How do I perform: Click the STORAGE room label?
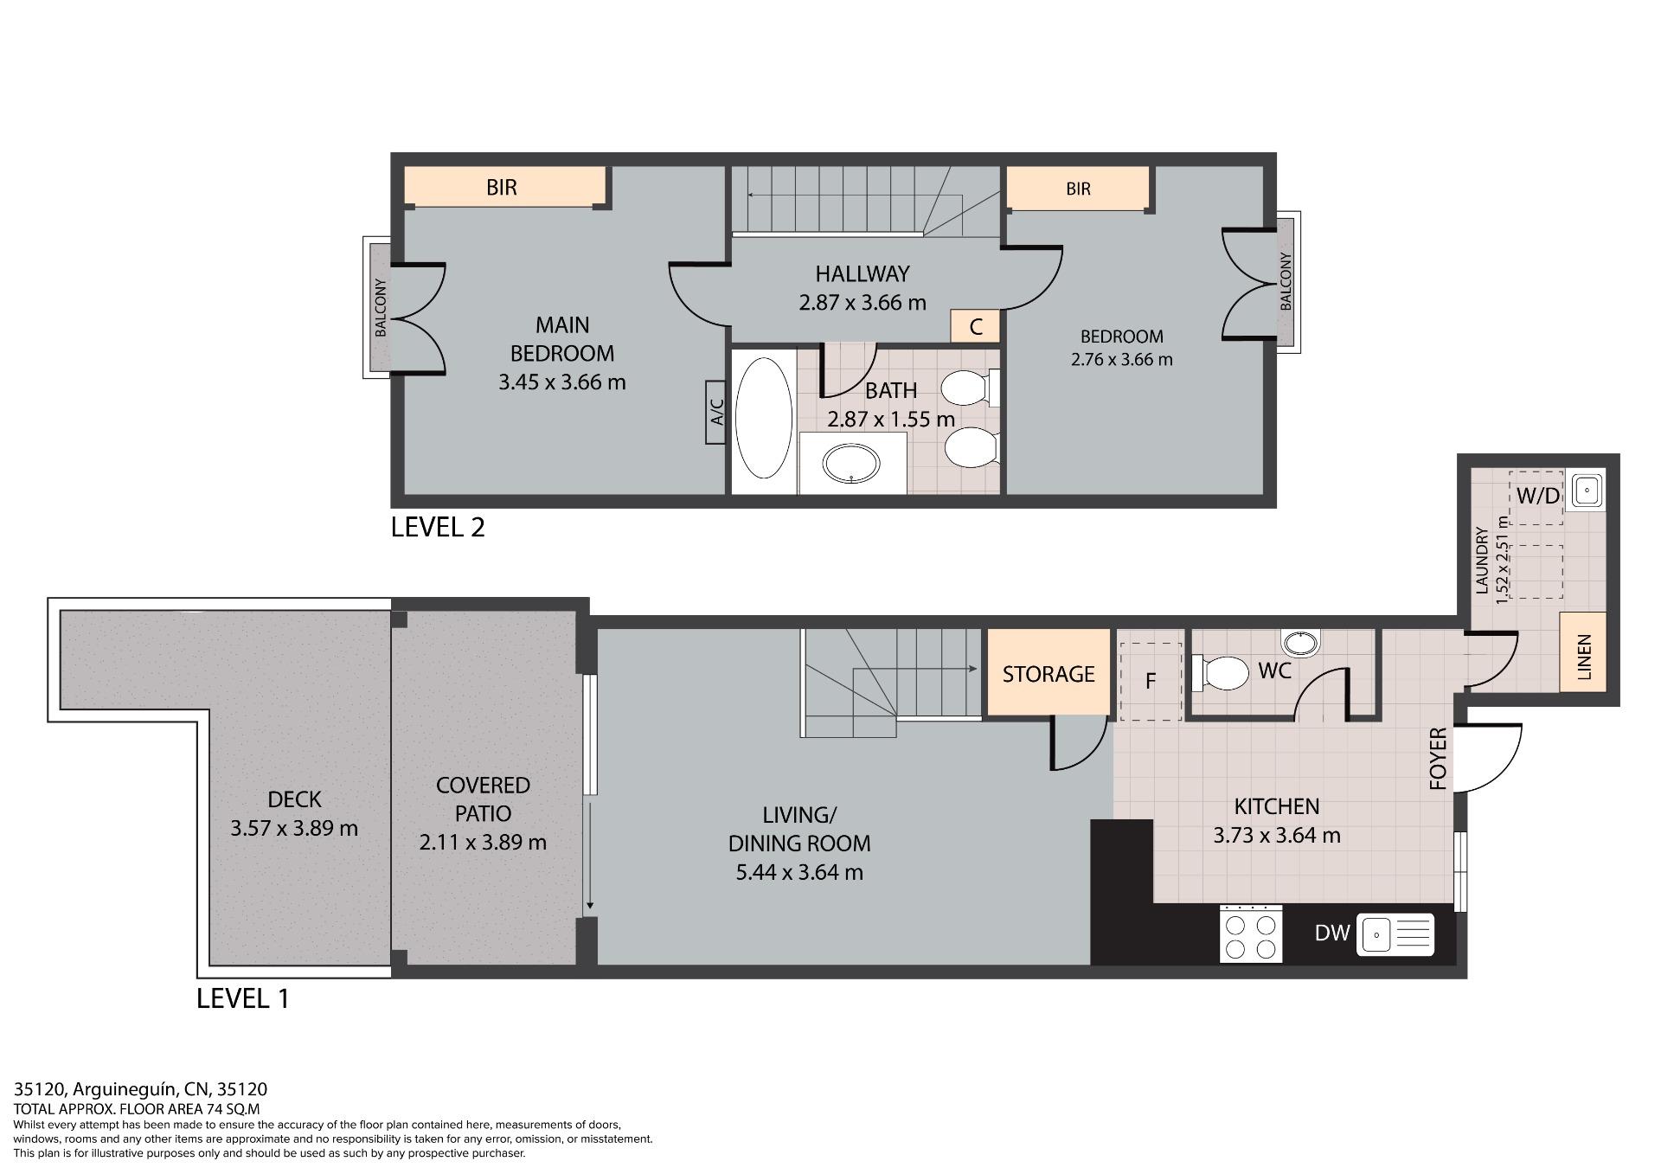[x=1049, y=674]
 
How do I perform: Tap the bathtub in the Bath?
[x=763, y=418]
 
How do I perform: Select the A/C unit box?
[x=715, y=412]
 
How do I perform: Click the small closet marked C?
[x=976, y=326]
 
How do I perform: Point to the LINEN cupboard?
[x=1583, y=651]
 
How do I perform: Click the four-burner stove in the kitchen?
[x=1251, y=933]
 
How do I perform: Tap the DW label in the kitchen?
[x=1331, y=933]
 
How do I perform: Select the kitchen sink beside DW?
[x=1395, y=934]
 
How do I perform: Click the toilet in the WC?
[x=1221, y=673]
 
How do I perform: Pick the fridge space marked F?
[x=1151, y=681]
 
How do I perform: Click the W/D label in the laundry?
[x=1538, y=496]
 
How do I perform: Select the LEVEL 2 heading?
[x=438, y=527]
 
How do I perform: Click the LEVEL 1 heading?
[x=243, y=998]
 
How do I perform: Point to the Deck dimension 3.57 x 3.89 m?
[x=294, y=828]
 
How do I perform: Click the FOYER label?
[x=1438, y=759]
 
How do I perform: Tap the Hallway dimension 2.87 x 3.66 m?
[x=863, y=303]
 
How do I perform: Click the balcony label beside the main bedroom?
[x=381, y=307]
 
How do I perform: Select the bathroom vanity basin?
[x=852, y=464]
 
